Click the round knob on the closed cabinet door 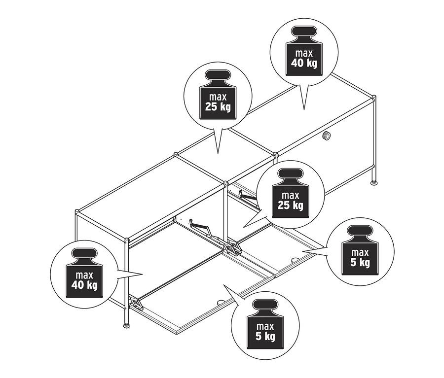pos(326,137)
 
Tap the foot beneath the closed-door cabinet pos(374,183)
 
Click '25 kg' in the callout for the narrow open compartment pos(290,204)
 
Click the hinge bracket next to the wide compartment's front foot pos(136,303)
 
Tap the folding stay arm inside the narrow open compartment pos(247,197)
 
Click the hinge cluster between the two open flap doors pos(234,247)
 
